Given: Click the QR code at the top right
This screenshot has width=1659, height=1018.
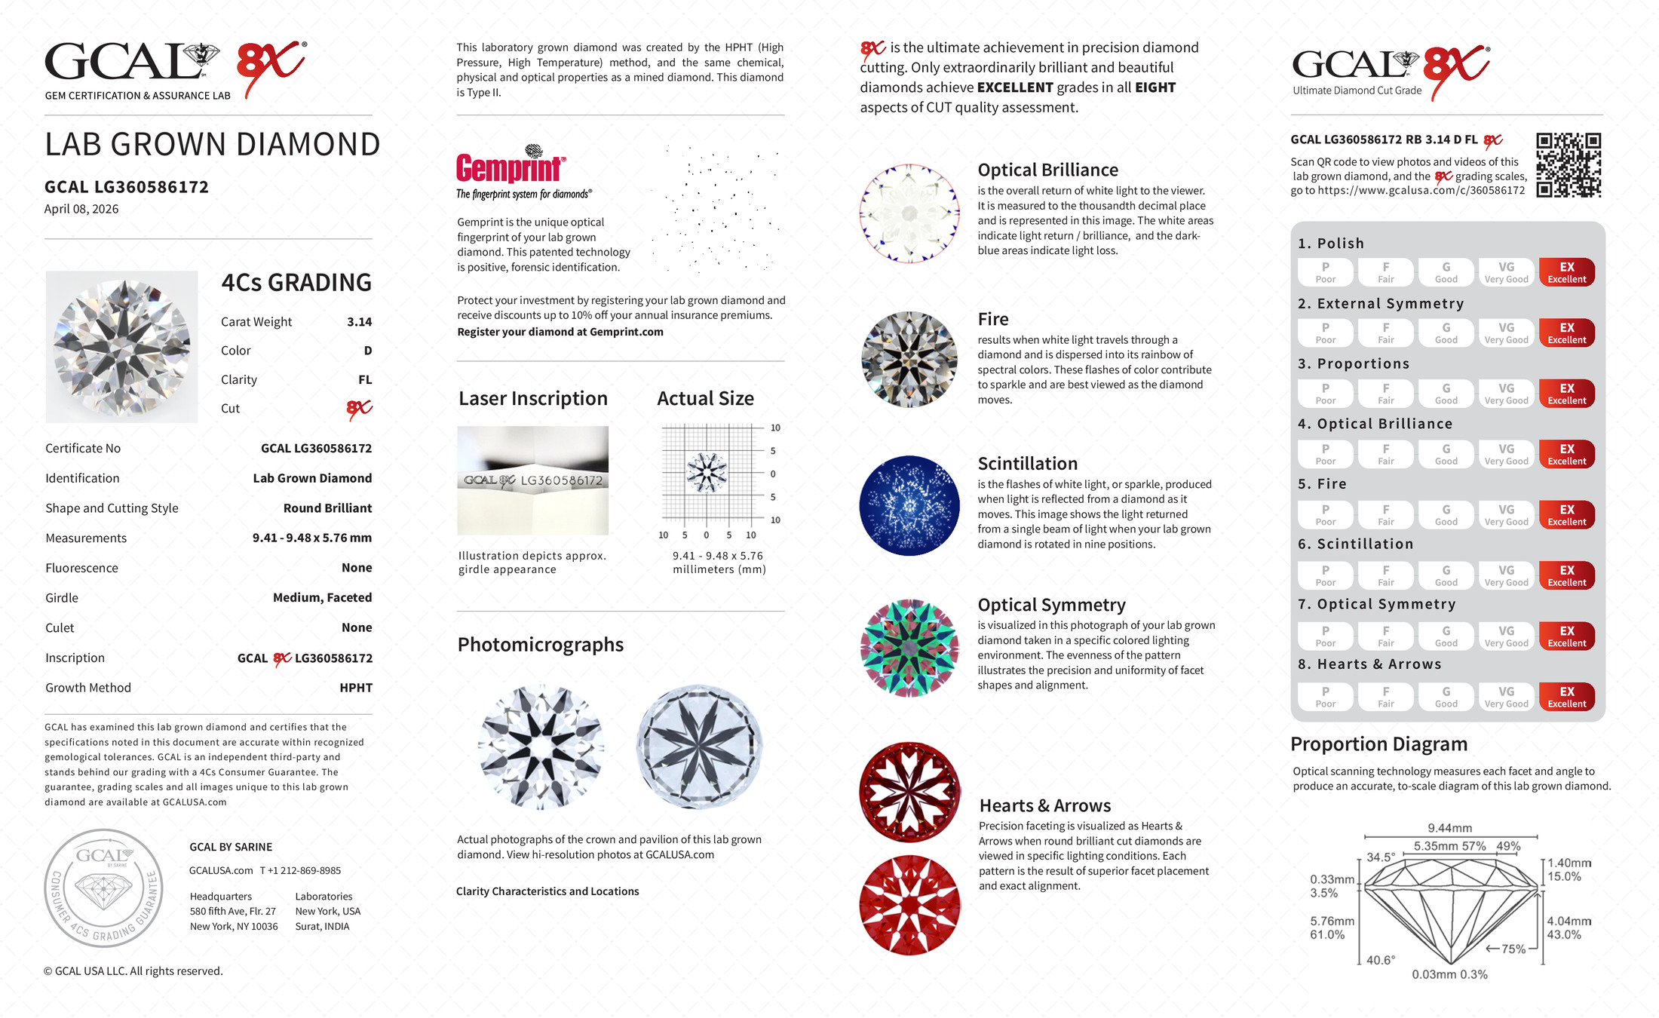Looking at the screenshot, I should (1569, 165).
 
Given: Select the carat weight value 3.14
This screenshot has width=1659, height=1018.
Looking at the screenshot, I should (359, 322).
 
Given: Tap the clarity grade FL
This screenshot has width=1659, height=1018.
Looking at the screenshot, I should (365, 380).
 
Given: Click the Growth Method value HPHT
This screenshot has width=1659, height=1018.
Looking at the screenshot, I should (356, 688).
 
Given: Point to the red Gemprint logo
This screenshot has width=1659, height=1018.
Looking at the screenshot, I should (510, 167).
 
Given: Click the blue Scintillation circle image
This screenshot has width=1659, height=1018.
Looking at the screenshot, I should (909, 506).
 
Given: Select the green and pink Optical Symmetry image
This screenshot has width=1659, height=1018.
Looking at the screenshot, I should (909, 648).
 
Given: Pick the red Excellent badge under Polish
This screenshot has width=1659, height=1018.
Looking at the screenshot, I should (1566, 272).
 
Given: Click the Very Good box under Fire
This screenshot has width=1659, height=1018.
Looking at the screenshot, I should (1506, 515).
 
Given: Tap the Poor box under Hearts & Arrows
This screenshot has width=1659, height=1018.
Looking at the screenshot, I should (1325, 697).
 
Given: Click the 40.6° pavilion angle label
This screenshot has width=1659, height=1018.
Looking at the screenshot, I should (1380, 960).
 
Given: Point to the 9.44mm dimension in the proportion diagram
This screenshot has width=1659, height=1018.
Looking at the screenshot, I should (1449, 828).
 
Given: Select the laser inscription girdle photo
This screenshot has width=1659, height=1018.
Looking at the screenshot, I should (532, 480).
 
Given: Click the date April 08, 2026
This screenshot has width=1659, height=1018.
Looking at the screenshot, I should (81, 209).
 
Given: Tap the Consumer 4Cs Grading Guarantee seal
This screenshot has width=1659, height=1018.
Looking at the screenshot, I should (103, 888).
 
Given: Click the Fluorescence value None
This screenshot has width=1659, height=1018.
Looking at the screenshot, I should (357, 568).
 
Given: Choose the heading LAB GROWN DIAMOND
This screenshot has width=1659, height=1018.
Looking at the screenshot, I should (212, 145).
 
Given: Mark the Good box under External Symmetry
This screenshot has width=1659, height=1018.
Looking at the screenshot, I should (1446, 333).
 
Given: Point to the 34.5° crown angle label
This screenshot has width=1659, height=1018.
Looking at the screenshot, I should (1381, 857).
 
